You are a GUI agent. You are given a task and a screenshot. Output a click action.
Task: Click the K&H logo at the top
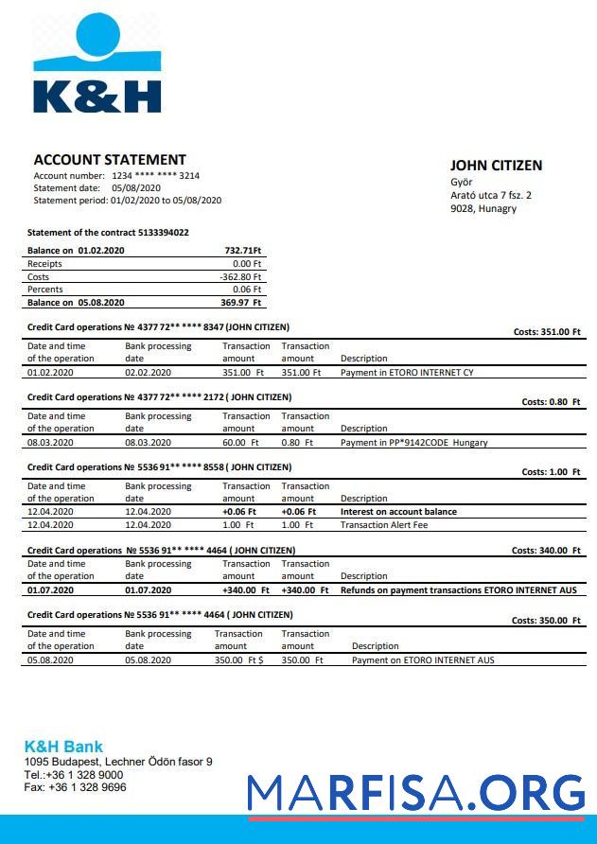(97, 63)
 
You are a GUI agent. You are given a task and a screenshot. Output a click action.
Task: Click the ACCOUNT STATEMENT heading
(110, 160)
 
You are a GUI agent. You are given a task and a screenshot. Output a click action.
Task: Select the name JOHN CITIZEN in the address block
(496, 166)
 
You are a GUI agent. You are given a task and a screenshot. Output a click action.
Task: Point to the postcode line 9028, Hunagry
(483, 208)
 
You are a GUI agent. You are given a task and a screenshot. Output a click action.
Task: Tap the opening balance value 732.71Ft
(243, 251)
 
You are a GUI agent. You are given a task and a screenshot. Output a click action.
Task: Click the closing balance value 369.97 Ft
(241, 303)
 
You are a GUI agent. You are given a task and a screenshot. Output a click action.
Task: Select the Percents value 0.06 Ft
(247, 290)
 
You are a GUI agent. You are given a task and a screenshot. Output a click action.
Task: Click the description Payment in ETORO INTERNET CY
(407, 373)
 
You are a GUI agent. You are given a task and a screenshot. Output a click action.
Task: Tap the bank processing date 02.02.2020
(149, 373)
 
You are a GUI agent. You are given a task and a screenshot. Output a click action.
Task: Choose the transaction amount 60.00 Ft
(240, 443)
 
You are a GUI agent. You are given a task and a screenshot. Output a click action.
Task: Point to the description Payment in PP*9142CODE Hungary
(414, 443)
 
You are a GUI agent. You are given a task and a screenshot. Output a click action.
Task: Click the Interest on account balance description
(398, 512)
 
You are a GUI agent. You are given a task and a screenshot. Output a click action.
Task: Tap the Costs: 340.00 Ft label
(546, 551)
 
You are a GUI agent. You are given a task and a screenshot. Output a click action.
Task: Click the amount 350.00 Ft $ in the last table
(238, 660)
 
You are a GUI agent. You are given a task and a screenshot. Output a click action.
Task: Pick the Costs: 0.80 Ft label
(551, 402)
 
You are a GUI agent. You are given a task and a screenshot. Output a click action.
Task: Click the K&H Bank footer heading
(63, 747)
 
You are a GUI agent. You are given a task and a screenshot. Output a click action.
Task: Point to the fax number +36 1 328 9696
(75, 787)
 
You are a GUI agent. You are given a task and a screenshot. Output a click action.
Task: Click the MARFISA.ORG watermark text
(416, 792)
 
